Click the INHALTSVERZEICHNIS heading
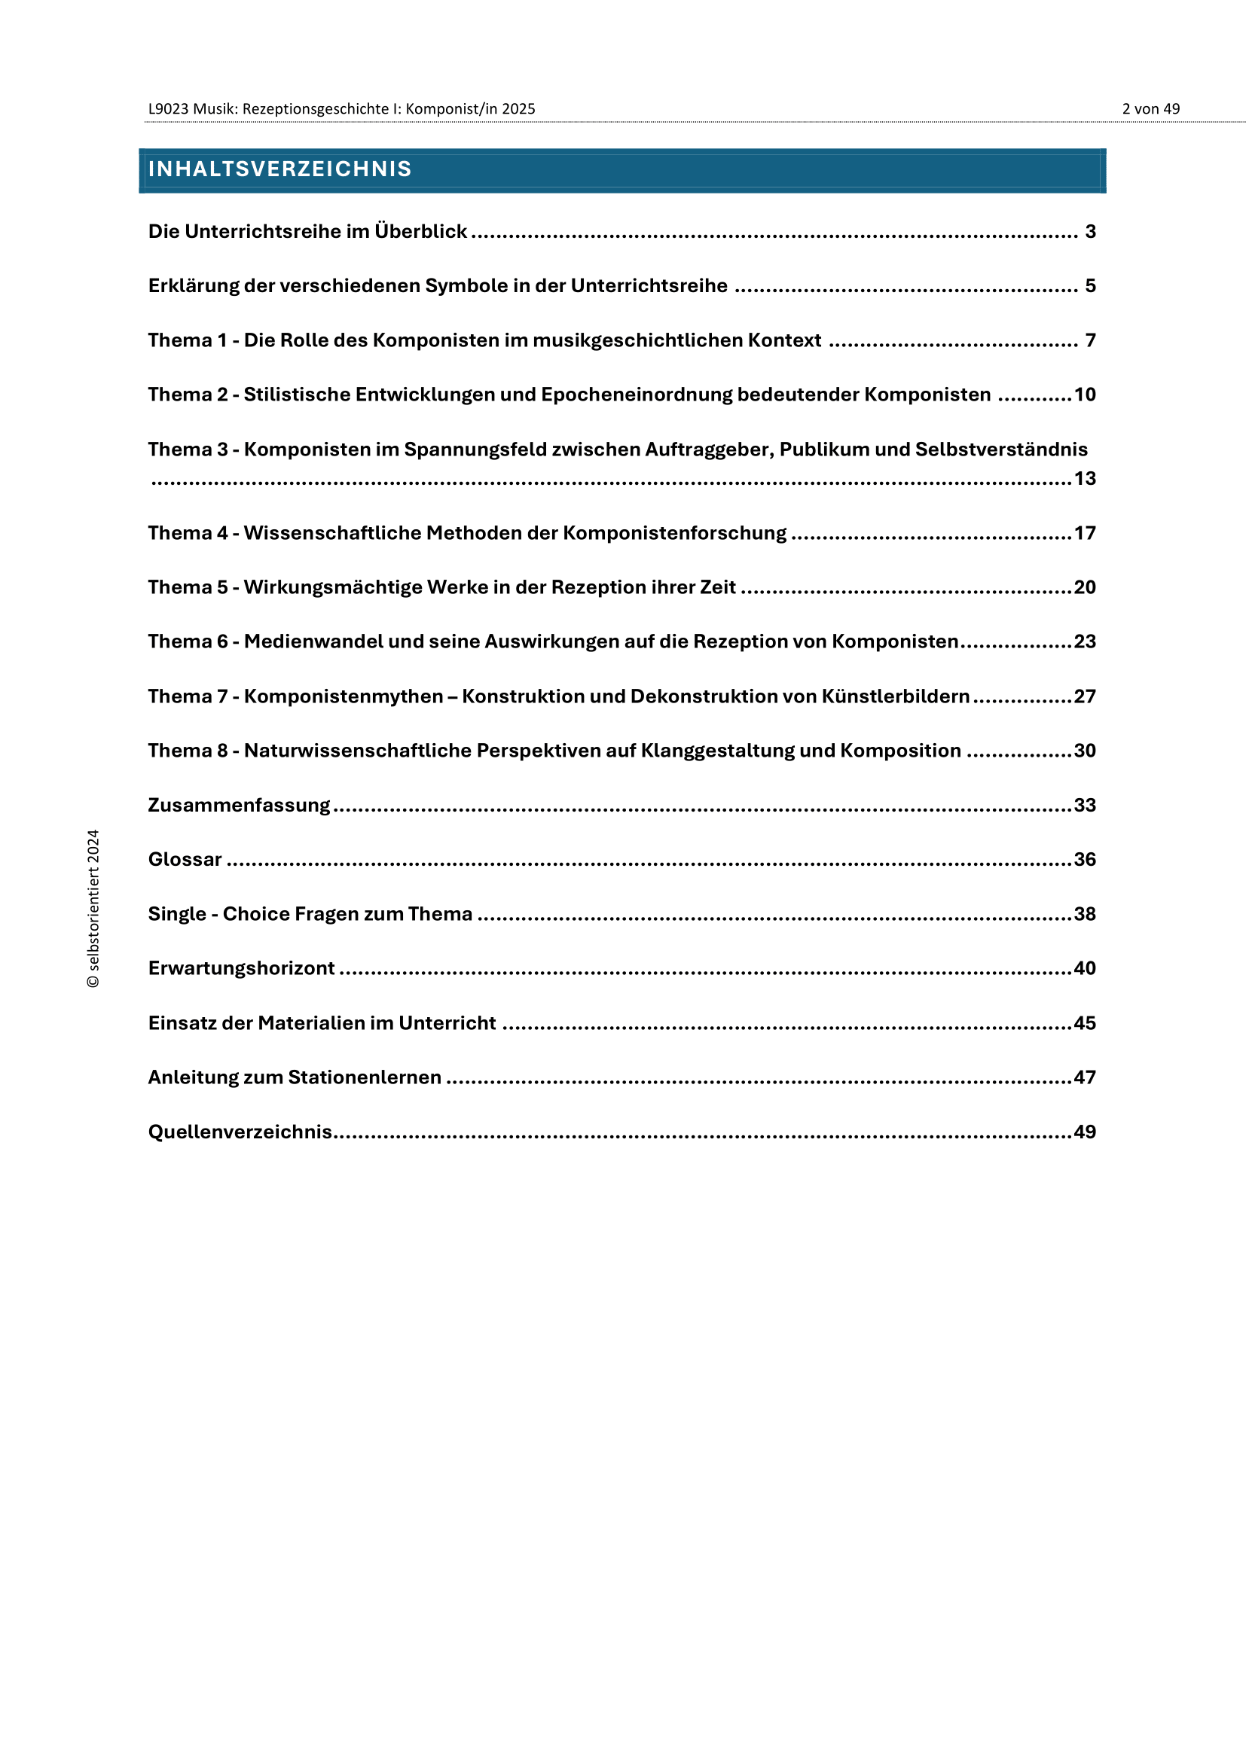[x=280, y=169]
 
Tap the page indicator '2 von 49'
[x=1150, y=109]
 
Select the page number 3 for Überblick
[x=1090, y=232]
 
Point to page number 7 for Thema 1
[x=1090, y=340]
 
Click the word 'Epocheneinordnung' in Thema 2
[x=637, y=395]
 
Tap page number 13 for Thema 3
[x=1084, y=479]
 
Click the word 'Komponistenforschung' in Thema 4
[x=674, y=533]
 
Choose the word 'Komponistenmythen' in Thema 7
[x=343, y=696]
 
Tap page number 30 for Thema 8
[x=1084, y=751]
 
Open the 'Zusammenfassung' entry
[x=239, y=806]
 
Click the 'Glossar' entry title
[x=185, y=860]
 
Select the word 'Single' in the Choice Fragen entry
[x=177, y=914]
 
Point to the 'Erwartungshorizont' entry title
[x=242, y=969]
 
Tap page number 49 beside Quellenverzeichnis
[x=1084, y=1132]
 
